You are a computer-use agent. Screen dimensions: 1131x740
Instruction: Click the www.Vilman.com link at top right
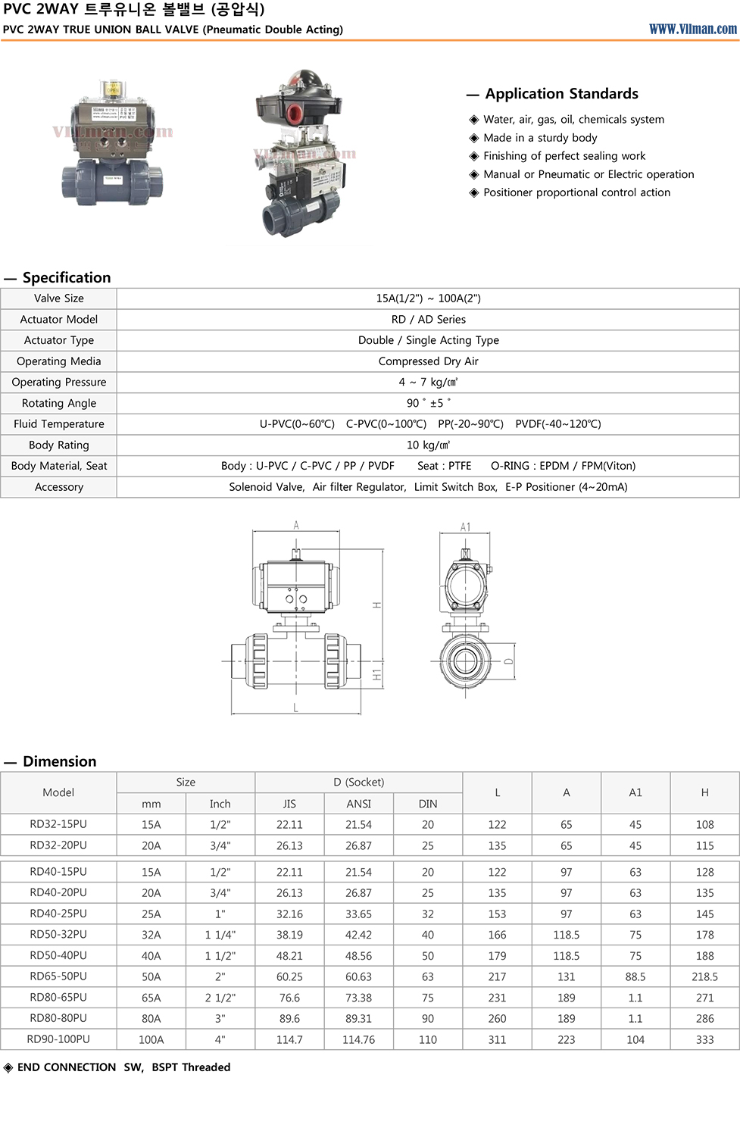(692, 29)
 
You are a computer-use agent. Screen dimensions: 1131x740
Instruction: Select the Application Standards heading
(561, 94)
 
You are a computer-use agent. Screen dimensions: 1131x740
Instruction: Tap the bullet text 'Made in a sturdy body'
(540, 138)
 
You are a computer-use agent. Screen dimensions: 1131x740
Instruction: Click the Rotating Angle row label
(59, 403)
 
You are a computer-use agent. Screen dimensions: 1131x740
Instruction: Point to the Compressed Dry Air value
(428, 361)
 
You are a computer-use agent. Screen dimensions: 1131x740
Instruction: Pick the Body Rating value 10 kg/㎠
(428, 445)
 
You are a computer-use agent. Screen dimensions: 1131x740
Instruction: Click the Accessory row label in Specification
(59, 487)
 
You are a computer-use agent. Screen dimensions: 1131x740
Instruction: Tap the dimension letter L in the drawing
(295, 708)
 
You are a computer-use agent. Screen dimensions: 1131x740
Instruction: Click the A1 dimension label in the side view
(465, 527)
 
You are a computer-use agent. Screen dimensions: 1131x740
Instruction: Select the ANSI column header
(358, 804)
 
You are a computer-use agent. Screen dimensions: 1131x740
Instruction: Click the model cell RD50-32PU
(58, 935)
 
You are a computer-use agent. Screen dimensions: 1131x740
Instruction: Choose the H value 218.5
(704, 976)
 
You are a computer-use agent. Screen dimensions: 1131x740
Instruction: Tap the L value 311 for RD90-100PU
(497, 1039)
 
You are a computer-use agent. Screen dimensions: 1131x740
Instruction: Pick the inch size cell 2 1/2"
(220, 998)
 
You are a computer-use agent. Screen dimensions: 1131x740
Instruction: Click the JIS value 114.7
(289, 1039)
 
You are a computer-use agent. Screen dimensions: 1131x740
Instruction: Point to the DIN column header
(428, 804)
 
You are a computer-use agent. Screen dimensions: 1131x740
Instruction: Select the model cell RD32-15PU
(58, 824)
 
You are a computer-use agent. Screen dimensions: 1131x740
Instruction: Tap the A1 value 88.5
(635, 976)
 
